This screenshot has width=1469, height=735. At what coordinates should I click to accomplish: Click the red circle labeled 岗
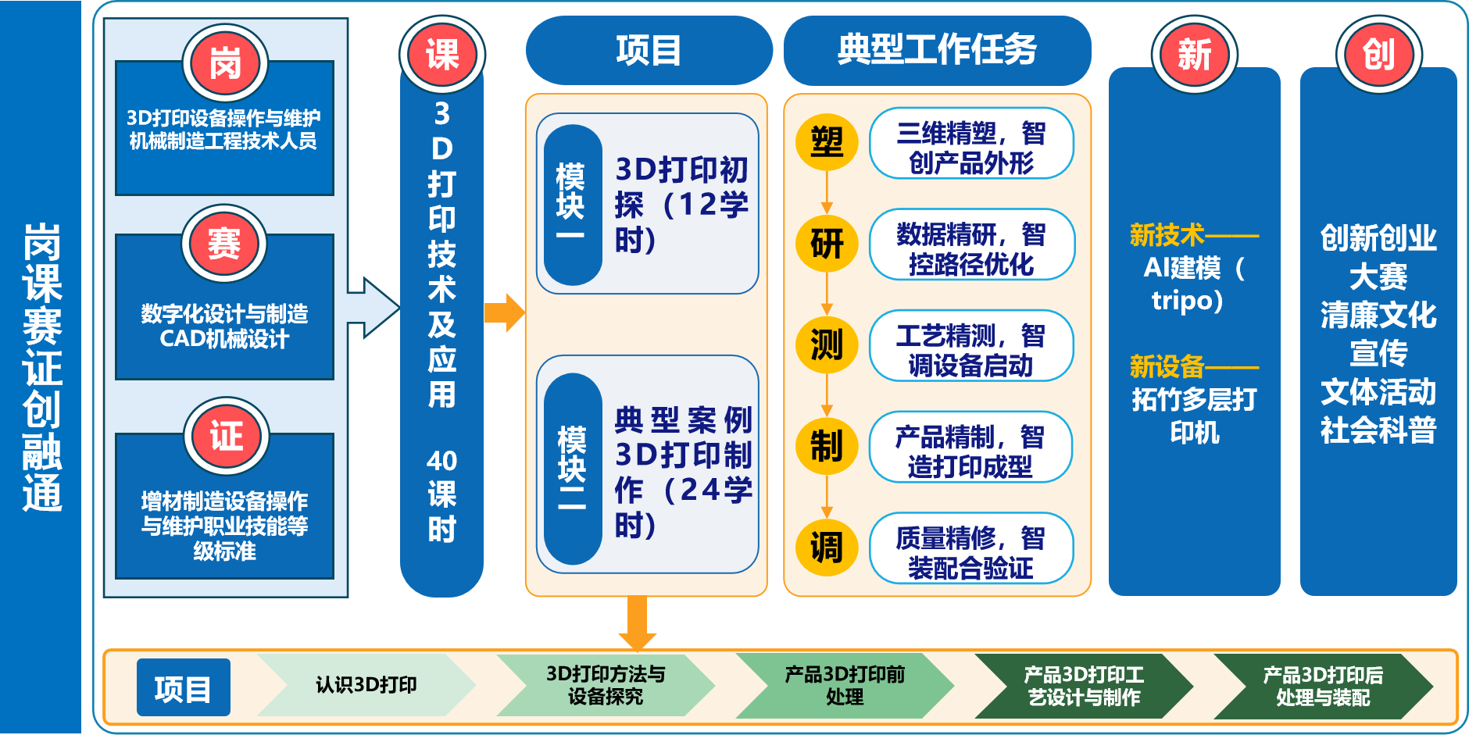pos(225,63)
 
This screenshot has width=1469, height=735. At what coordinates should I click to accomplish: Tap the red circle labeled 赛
pos(224,243)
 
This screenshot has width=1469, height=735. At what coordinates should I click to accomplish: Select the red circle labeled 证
pos(226,436)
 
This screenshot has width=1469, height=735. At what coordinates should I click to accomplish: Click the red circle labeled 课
pos(442,55)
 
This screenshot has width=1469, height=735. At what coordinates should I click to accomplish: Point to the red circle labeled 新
pos(1194,55)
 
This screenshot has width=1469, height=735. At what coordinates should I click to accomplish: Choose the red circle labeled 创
pos(1378,55)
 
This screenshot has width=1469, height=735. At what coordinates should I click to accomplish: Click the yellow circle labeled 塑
pos(827,142)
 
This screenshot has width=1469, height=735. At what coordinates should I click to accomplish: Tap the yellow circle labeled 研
pos(827,244)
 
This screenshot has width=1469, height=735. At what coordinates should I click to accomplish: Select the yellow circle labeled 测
pos(827,344)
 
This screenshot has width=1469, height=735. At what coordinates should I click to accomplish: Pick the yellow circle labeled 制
pos(827,446)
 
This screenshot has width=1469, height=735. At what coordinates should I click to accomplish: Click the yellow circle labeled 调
pos(827,548)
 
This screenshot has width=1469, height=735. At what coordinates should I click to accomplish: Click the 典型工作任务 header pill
pos(937,50)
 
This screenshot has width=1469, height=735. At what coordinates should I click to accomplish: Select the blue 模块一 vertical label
pos(572,205)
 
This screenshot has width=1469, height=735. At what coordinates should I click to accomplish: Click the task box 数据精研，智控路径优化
pos(971,244)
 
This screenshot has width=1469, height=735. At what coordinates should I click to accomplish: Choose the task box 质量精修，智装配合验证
pos(971,548)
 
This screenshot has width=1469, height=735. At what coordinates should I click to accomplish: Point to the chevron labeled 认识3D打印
pos(366,685)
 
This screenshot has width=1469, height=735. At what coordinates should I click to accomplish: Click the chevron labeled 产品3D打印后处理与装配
pos(1322,686)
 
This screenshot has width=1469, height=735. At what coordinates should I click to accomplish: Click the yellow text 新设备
pos(1167,366)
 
